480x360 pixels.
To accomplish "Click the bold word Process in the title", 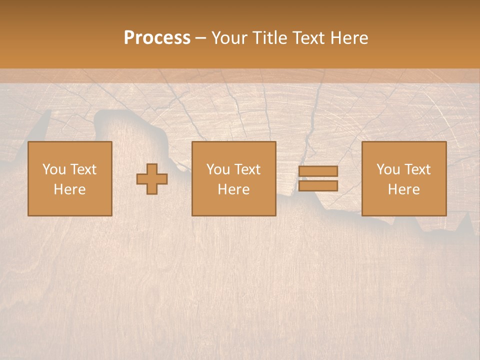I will pos(157,38).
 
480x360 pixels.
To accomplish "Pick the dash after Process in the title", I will pos(201,38).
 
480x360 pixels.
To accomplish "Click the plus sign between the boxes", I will pos(152,179).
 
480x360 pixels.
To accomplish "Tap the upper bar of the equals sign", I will pos(318,171).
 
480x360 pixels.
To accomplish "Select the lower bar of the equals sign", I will pos(318,186).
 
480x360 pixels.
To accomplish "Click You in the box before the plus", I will pos(54,169).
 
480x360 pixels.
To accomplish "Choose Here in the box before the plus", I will pos(69,189).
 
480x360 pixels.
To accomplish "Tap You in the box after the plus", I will pos(218,169).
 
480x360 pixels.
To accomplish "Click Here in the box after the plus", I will pos(233,189).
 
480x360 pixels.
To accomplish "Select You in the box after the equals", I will pos(388,169).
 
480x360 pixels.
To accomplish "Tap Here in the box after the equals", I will pos(403,189).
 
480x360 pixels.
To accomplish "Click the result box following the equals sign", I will pos(404,205).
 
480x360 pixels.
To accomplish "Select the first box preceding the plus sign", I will pos(69,205).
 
